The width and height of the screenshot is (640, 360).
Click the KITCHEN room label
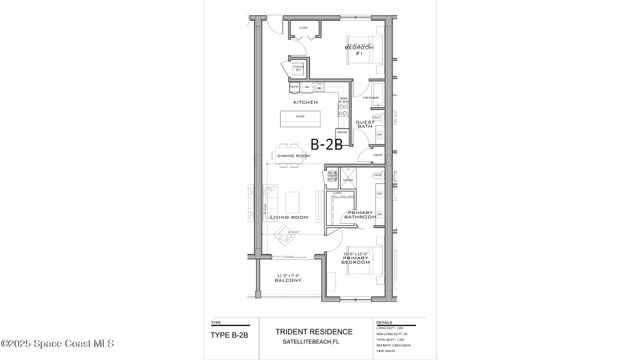coord(305,102)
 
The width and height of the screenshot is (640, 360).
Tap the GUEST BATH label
coord(364,124)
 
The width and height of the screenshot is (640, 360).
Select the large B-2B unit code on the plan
coord(327,145)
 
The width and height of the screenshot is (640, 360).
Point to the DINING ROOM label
coord(292,158)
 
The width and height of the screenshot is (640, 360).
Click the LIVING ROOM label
coord(286,217)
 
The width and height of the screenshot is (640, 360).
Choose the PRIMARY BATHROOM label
coord(360,215)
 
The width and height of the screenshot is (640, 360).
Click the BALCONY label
coord(290,281)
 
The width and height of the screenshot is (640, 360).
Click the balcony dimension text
coord(290,274)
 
